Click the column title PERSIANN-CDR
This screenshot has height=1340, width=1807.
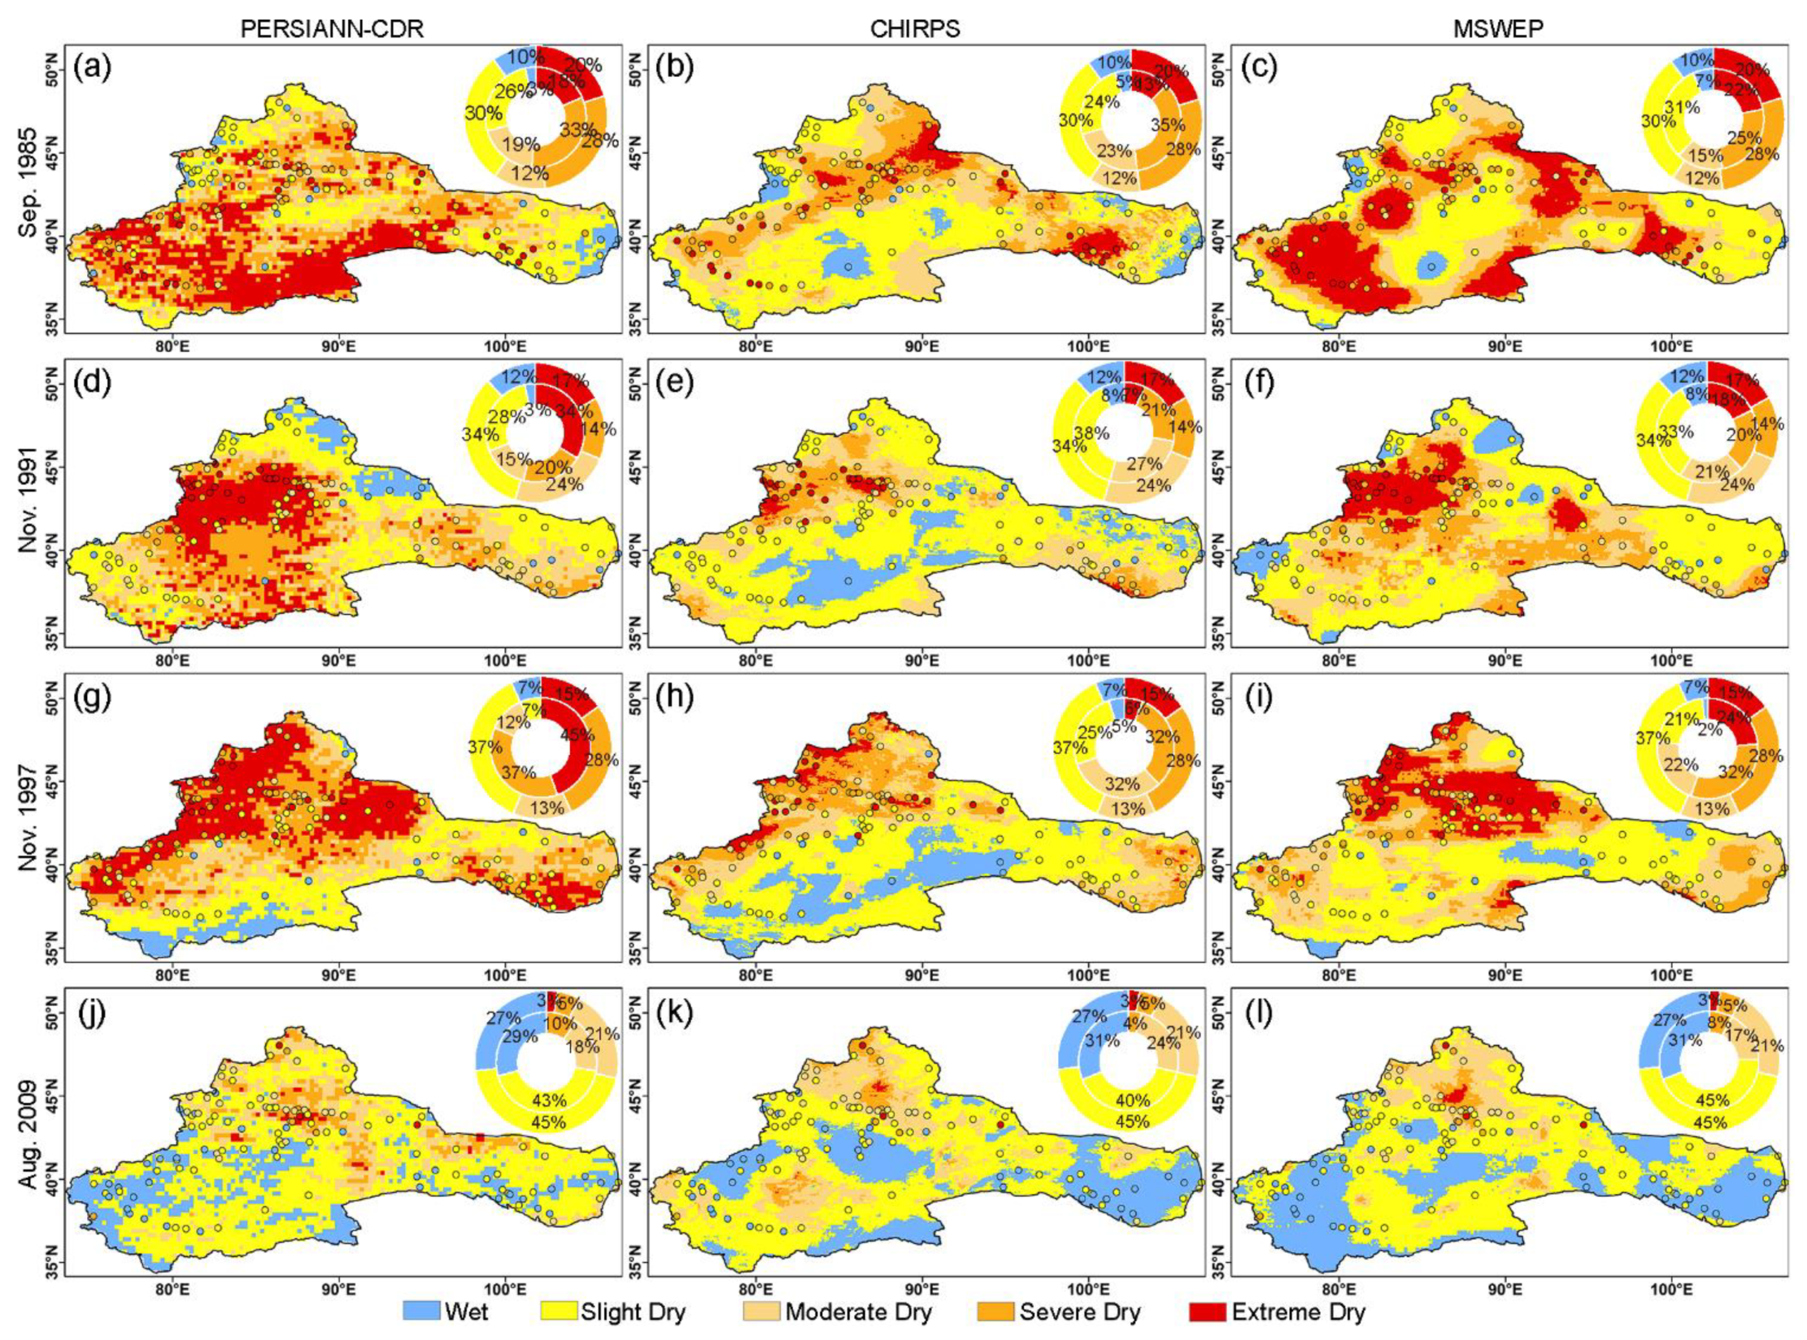point(332,28)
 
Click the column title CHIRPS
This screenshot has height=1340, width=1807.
point(915,28)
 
